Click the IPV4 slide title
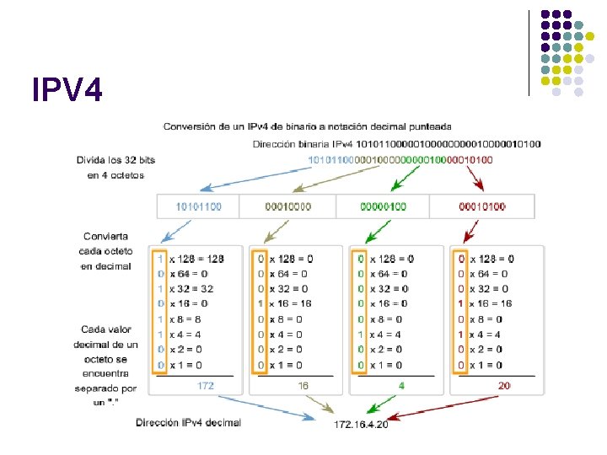[67, 88]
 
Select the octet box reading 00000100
[383, 206]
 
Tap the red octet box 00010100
[482, 206]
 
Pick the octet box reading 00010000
[287, 206]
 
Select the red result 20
[503, 385]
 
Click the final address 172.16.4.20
[360, 424]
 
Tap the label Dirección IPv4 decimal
[189, 422]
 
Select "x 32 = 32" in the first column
[191, 289]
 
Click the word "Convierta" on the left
[106, 236]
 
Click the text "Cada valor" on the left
[106, 329]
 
